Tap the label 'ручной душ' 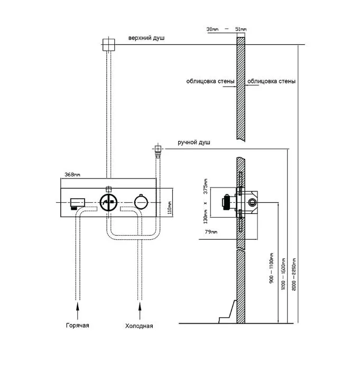pyautogui.click(x=195, y=142)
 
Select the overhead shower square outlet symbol pyautogui.click(x=108, y=44)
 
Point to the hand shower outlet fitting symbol pyautogui.click(x=157, y=150)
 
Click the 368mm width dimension pyautogui.click(x=72, y=175)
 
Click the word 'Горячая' pyautogui.click(x=78, y=325)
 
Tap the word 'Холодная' pyautogui.click(x=139, y=325)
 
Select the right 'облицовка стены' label pyautogui.click(x=271, y=81)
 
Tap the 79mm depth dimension pyautogui.click(x=211, y=230)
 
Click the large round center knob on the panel pyautogui.click(x=109, y=203)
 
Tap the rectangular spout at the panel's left pyautogui.click(x=78, y=202)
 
